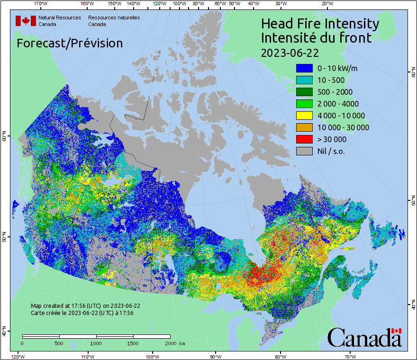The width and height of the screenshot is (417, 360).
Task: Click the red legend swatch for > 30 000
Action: click(x=304, y=139)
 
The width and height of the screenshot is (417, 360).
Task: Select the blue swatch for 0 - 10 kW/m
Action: click(x=304, y=68)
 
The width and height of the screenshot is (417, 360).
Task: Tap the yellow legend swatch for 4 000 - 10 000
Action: click(x=304, y=116)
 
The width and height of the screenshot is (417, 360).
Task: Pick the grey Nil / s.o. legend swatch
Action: click(x=304, y=151)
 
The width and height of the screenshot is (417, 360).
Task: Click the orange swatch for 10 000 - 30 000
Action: click(x=304, y=127)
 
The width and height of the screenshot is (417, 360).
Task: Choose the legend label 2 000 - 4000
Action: click(x=338, y=104)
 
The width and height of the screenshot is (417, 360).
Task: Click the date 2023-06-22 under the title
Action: click(x=290, y=52)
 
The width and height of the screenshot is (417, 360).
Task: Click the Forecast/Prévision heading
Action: click(x=70, y=43)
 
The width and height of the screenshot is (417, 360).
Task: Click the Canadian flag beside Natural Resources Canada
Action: click(x=26, y=21)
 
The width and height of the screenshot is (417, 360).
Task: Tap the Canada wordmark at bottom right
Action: click(x=364, y=337)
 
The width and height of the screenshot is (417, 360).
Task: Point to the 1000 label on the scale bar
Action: click(x=96, y=343)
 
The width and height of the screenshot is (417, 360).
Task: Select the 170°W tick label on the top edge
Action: click(x=41, y=4)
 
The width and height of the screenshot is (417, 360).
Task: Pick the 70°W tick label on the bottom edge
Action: click(x=349, y=356)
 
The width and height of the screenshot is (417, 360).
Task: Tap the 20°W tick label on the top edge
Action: click(x=326, y=4)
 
